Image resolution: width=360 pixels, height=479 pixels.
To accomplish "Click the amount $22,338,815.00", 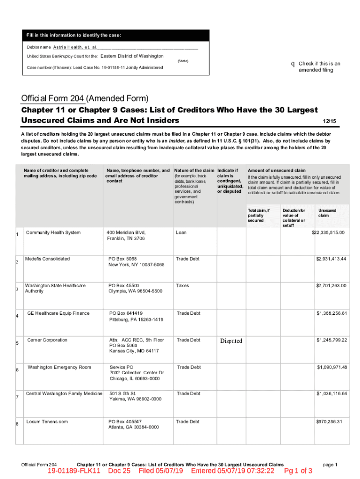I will pyautogui.click(x=328, y=232).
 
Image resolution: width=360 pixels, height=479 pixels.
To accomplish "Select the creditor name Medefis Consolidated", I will pyautogui.click(x=47, y=259).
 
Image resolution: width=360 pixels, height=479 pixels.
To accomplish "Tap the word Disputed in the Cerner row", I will pyautogui.click(x=231, y=341).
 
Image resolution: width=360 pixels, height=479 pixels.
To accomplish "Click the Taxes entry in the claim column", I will pyautogui.click(x=182, y=285).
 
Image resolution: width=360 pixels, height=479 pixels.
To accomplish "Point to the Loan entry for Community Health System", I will pyautogui.click(x=181, y=232).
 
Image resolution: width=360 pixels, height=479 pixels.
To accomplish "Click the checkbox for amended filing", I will pyautogui.click(x=293, y=64).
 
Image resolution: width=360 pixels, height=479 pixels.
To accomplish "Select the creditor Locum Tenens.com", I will pyautogui.click(x=47, y=421).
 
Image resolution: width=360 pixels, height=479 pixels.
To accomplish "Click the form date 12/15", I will pyautogui.click(x=330, y=121).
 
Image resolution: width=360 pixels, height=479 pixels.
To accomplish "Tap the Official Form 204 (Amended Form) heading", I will pyautogui.click(x=85, y=99).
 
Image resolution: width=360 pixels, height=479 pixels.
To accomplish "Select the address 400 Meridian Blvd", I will pyautogui.click(x=126, y=232).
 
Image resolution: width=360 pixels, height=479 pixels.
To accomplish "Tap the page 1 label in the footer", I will pyautogui.click(x=330, y=464).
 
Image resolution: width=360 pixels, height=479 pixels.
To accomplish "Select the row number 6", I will pyautogui.click(x=17, y=370).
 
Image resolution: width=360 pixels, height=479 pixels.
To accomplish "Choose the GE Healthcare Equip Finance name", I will pyautogui.click(x=58, y=313).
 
